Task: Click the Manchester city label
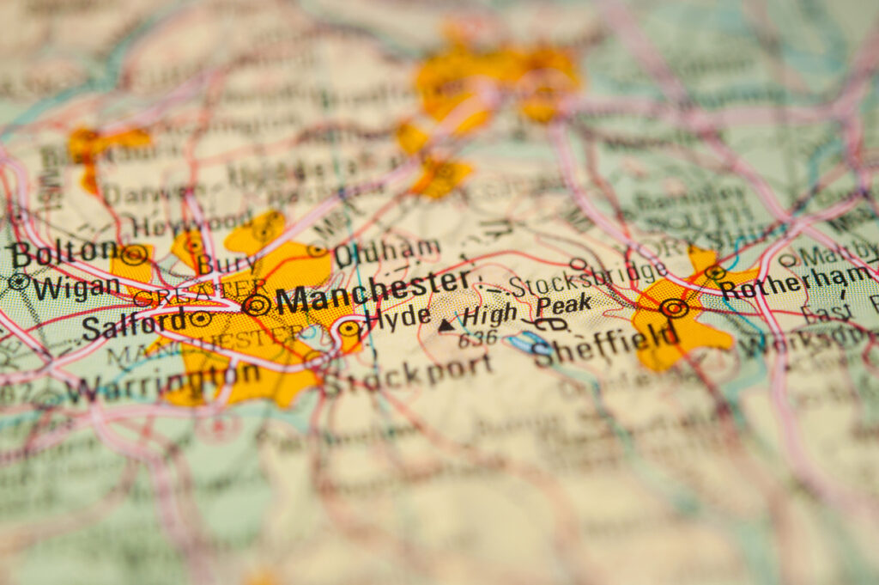[x=373, y=292]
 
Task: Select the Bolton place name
[x=62, y=253]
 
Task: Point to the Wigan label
[x=76, y=287]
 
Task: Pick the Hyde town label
[x=397, y=318]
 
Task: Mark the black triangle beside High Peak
[x=446, y=325]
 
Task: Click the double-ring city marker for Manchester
[x=256, y=303]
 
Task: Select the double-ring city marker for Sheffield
[x=674, y=308]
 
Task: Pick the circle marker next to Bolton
[x=133, y=254]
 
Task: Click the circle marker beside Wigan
[x=18, y=281]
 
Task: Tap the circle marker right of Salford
[x=201, y=319]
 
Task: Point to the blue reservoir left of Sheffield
[x=521, y=343]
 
